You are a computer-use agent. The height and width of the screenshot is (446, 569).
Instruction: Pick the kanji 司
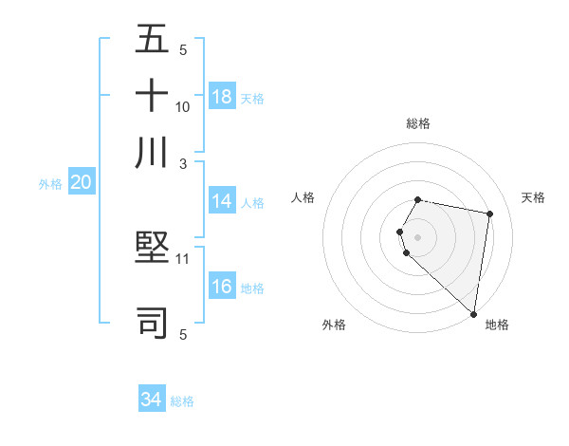click(153, 322)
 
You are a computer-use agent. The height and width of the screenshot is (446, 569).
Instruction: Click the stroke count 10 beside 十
click(183, 106)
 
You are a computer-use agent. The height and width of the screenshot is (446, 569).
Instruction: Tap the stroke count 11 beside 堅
click(183, 258)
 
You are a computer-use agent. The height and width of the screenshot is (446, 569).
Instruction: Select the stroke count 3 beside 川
click(183, 163)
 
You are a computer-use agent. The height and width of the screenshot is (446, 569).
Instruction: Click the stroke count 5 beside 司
click(183, 334)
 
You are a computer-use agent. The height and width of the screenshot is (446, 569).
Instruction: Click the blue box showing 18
click(222, 97)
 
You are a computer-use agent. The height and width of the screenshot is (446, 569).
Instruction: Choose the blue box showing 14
click(222, 201)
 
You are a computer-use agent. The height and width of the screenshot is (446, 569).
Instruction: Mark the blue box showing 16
click(222, 287)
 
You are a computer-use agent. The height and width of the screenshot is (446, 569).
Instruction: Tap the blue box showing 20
click(81, 183)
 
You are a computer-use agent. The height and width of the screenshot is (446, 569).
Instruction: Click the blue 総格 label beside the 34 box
click(182, 401)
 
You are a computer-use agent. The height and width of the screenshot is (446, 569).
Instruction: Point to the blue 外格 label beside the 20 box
click(49, 184)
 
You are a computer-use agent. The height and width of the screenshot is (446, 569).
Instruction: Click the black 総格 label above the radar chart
click(418, 124)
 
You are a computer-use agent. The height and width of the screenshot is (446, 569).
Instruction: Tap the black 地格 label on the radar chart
click(497, 325)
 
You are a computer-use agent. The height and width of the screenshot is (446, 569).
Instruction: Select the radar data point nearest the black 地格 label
click(473, 312)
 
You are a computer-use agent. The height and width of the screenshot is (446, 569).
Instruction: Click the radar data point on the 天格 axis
click(489, 214)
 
